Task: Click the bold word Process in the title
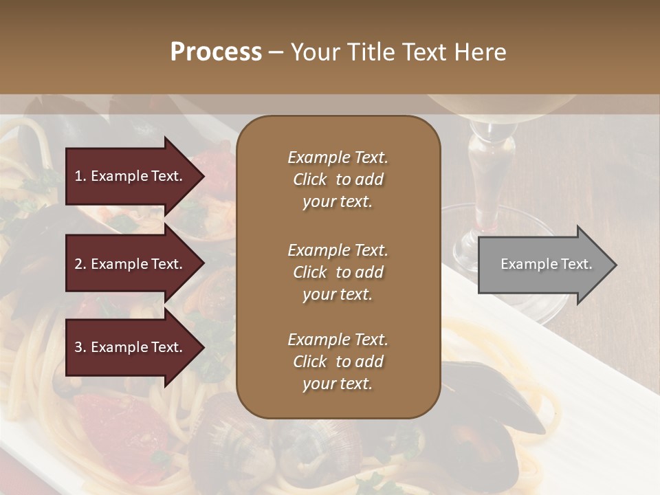click(216, 52)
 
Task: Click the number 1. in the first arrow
click(80, 176)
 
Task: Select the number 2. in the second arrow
click(80, 265)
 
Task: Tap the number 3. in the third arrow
click(80, 347)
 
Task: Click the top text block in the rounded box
click(338, 179)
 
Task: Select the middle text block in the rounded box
click(338, 272)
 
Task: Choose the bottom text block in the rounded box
click(338, 362)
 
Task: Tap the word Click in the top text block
click(309, 180)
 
